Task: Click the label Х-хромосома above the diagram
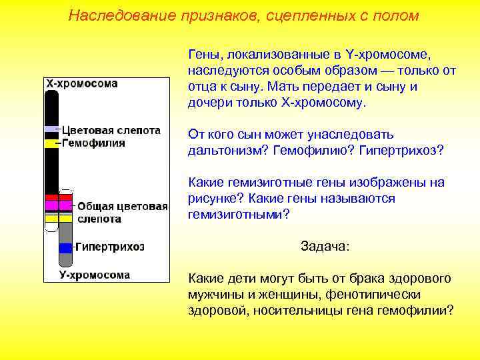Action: pos(81,84)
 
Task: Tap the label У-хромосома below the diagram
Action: pos(94,274)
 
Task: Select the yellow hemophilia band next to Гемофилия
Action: pos(51,143)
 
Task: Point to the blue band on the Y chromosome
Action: pos(65,247)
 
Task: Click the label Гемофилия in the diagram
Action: pos(93,143)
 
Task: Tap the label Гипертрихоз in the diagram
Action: pos(109,247)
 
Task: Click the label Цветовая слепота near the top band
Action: pos(111,130)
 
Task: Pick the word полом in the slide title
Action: pos(398,15)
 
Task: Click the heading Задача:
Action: pos(325,246)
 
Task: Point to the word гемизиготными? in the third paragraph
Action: pos(239,214)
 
